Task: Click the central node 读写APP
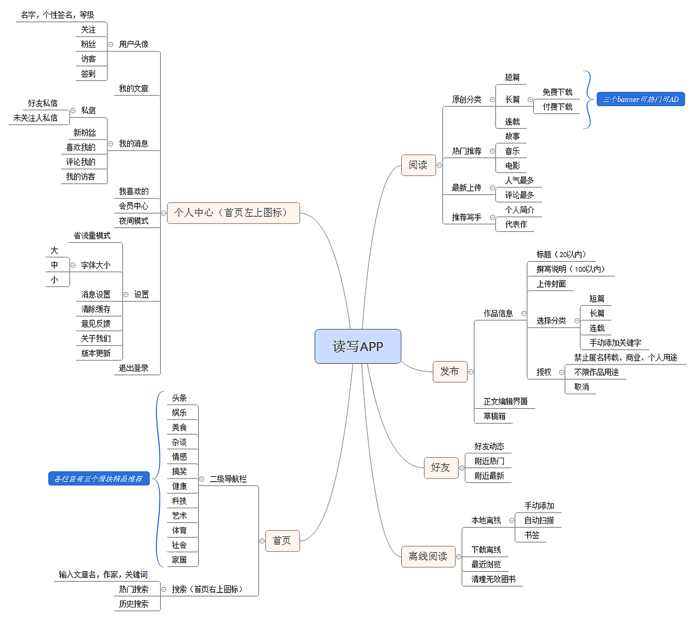click(358, 346)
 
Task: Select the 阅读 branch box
click(418, 165)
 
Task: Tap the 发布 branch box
click(450, 371)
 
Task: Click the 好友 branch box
click(440, 468)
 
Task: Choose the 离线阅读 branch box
click(428, 557)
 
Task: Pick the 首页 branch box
click(282, 541)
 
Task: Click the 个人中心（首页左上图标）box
click(233, 213)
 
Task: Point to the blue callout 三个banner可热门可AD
click(641, 99)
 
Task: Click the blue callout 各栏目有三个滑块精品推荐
click(98, 479)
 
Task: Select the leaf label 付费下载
click(557, 107)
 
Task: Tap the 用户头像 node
click(134, 45)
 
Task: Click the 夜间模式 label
click(134, 221)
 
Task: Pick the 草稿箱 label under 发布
click(494, 416)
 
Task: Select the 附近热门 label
click(489, 461)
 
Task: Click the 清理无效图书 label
click(493, 579)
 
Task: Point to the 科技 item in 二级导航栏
click(179, 501)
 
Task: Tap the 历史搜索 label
click(134, 604)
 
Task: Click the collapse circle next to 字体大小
click(73, 265)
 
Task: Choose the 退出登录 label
click(134, 368)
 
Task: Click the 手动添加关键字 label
click(615, 343)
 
